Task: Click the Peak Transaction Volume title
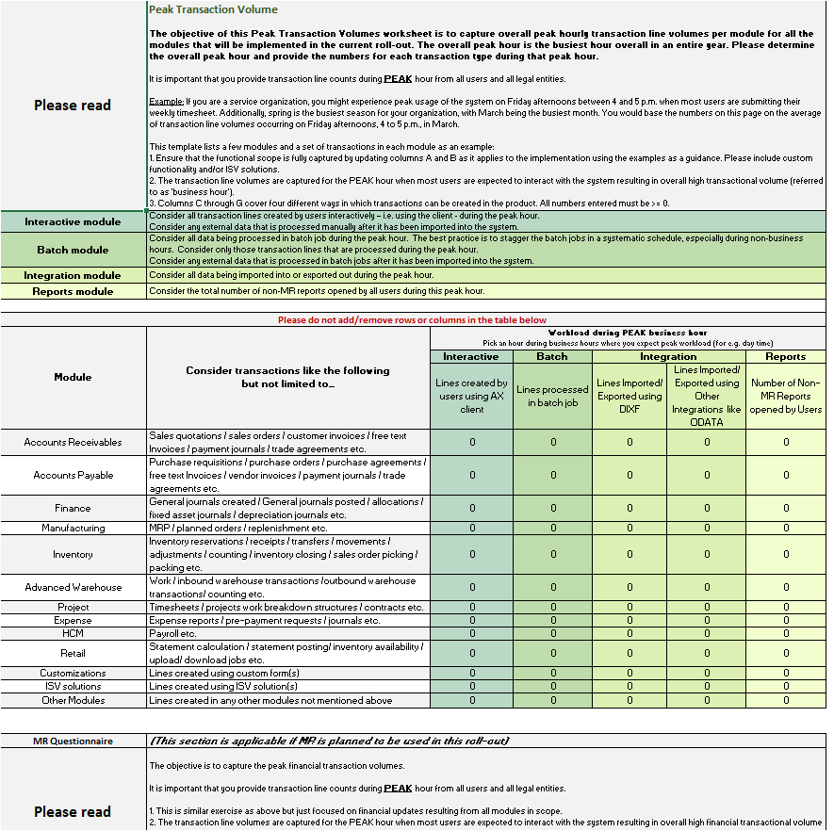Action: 213,9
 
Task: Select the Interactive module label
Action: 73,221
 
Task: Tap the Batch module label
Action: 73,250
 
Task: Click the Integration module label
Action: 73,275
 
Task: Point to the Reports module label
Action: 73,291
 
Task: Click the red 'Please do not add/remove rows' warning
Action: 412,320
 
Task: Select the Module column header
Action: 73,377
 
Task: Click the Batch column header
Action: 552,357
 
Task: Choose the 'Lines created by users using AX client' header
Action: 471,396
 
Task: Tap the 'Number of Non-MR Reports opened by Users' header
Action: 785,396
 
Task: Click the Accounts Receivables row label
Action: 73,442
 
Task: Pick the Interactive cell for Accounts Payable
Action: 471,475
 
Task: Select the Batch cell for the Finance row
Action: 552,508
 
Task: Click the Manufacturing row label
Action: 73,528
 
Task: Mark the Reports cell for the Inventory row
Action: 785,554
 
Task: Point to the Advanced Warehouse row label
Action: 73,587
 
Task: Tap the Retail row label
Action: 73,653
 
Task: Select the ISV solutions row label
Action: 73,687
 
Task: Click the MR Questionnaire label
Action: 73,741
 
